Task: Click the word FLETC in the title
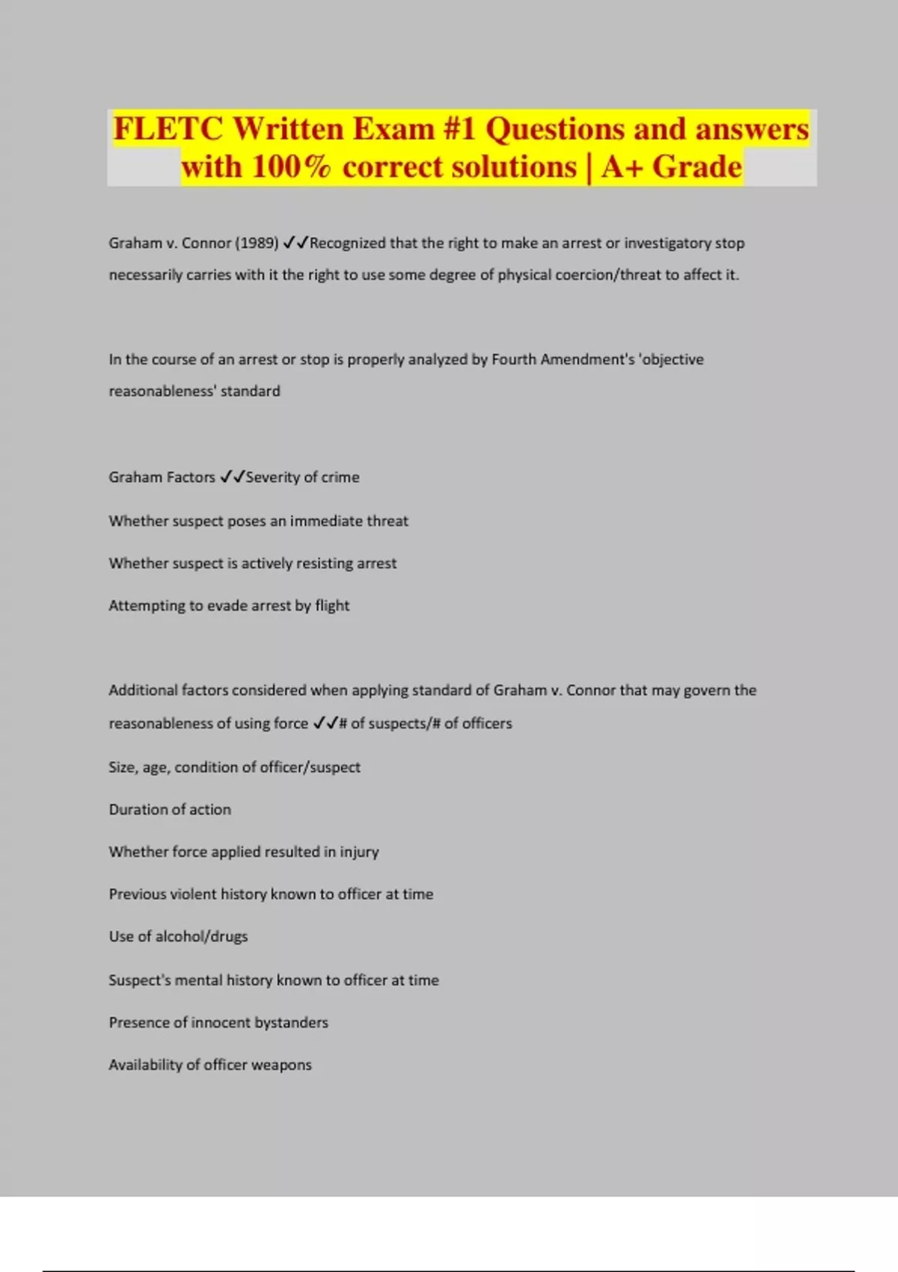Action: (168, 129)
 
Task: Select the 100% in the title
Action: (291, 167)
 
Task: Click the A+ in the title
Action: (622, 167)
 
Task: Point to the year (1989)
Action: (257, 243)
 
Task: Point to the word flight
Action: (332, 605)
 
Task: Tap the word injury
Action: (359, 852)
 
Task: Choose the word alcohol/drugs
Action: (201, 937)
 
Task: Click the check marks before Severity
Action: (232, 477)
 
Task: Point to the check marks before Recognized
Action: (296, 243)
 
